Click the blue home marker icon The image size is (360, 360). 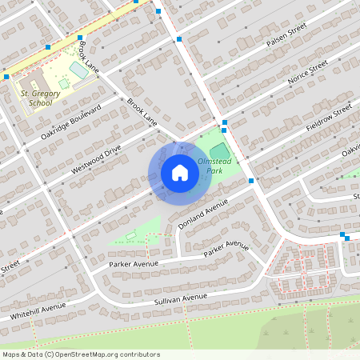(179, 173)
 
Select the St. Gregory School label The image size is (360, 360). (40, 98)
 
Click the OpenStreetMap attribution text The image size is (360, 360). (81, 354)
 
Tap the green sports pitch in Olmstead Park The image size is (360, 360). (218, 151)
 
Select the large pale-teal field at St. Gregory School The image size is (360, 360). (78, 70)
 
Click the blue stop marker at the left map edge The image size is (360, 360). (6, 76)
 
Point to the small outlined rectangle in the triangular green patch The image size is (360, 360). (130, 235)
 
